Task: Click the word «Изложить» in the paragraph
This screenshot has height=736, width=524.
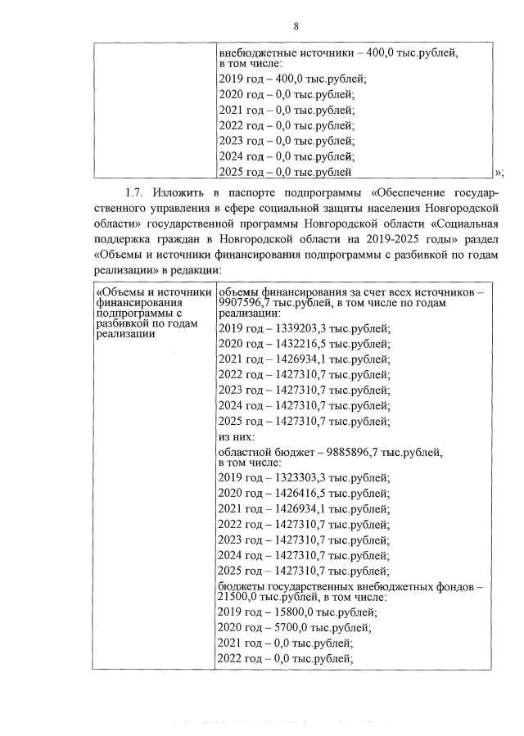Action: click(x=184, y=193)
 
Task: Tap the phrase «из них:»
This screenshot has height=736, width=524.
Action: click(x=239, y=438)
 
